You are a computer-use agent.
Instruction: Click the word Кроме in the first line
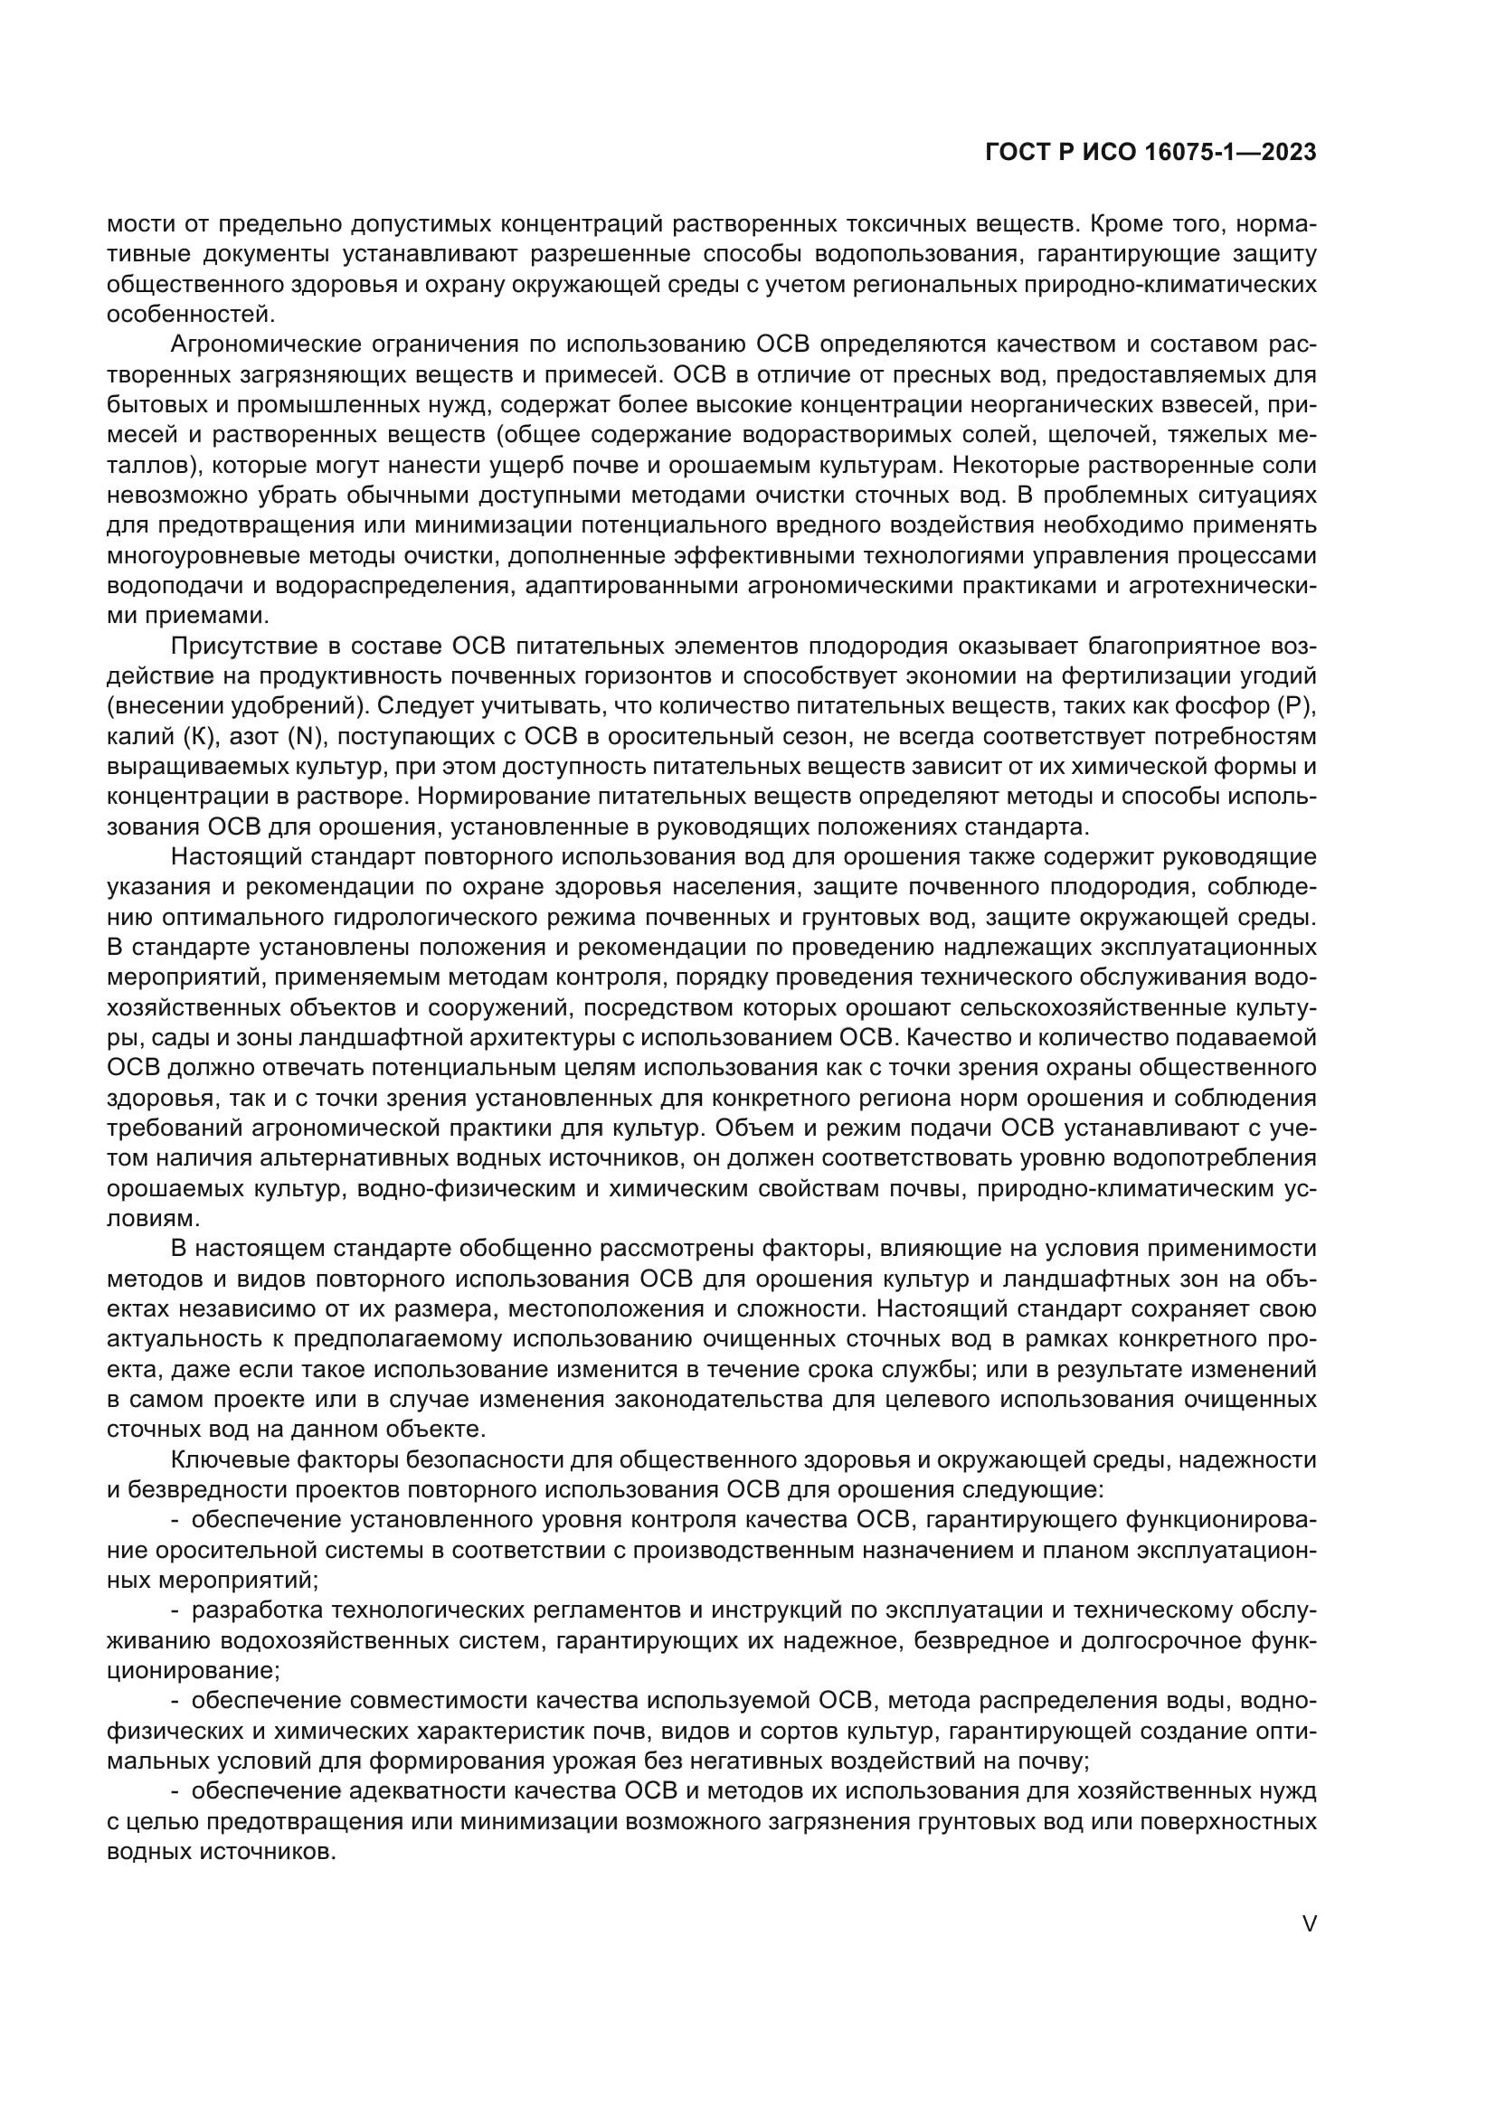(x=1130, y=224)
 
